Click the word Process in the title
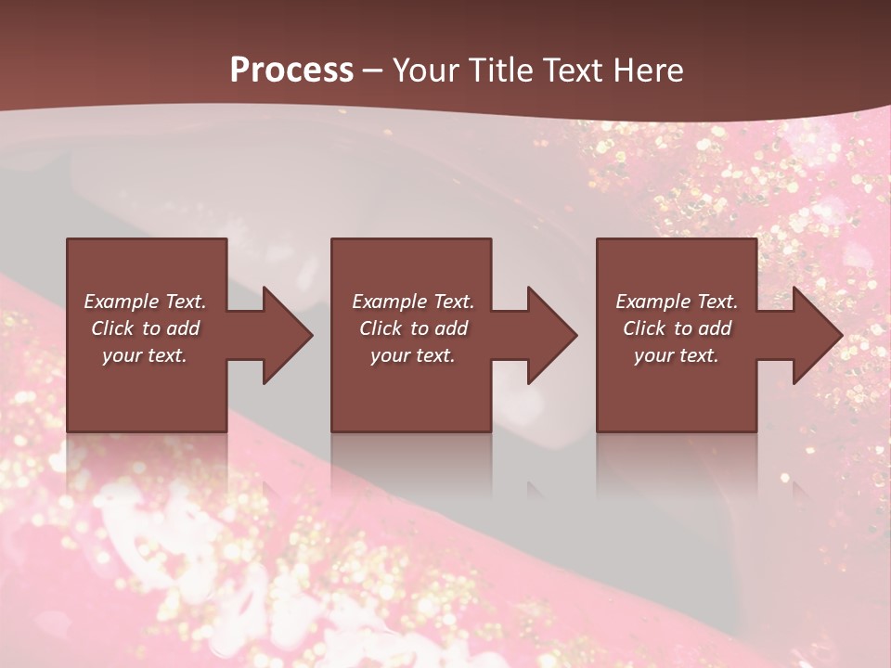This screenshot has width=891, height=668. (291, 71)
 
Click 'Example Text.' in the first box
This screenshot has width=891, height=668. (145, 302)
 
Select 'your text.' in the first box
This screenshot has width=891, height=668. (145, 355)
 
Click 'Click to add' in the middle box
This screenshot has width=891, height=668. (413, 328)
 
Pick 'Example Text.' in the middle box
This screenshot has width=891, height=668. (413, 302)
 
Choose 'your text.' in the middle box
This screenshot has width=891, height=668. (413, 355)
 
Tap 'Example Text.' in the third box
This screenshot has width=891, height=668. (677, 302)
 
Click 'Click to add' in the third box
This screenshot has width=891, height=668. (677, 328)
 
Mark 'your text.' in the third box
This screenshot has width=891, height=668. (677, 355)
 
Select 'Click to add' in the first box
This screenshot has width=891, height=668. (145, 328)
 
